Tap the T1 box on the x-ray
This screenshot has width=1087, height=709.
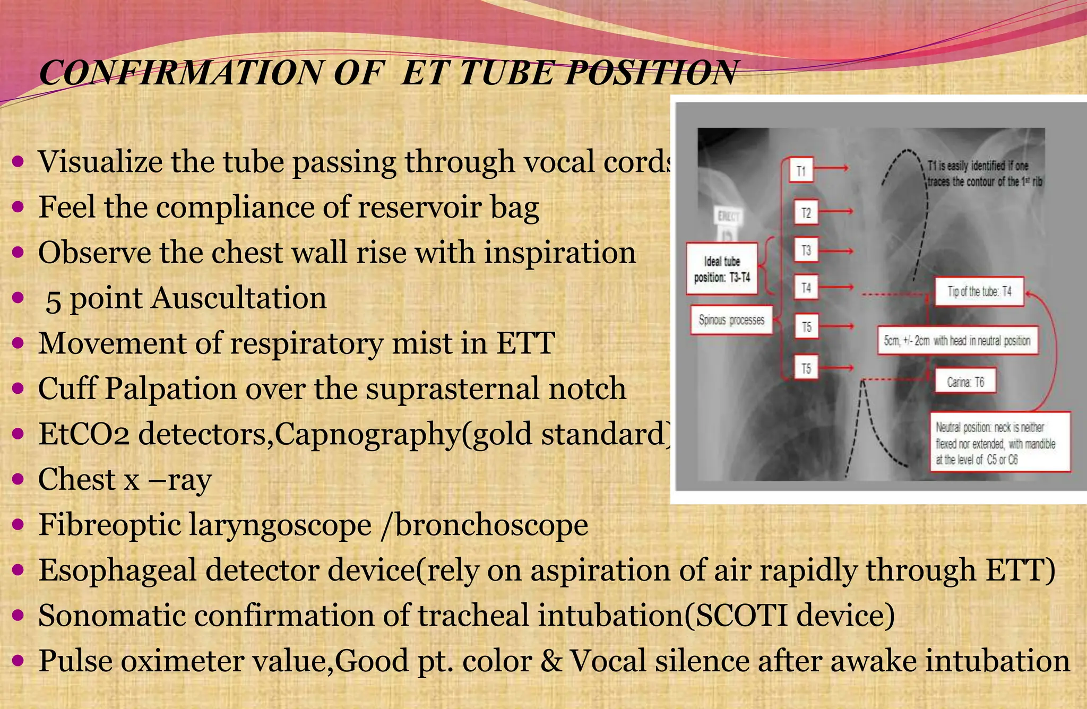point(801,171)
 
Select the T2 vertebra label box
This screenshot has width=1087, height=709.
point(806,213)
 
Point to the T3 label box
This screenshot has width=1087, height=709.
point(806,250)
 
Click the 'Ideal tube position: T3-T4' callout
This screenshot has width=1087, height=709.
point(722,269)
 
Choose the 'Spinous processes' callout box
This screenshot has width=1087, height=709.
point(731,320)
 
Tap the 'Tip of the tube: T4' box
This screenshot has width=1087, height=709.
point(979,291)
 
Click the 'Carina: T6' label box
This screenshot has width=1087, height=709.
point(965,382)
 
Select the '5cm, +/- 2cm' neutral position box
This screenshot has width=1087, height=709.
point(957,340)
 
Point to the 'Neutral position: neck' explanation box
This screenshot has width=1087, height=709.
point(999,443)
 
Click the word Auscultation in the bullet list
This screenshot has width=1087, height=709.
point(238,298)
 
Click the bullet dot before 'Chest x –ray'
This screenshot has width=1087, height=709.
point(18,479)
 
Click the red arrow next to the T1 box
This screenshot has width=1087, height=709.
point(833,169)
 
